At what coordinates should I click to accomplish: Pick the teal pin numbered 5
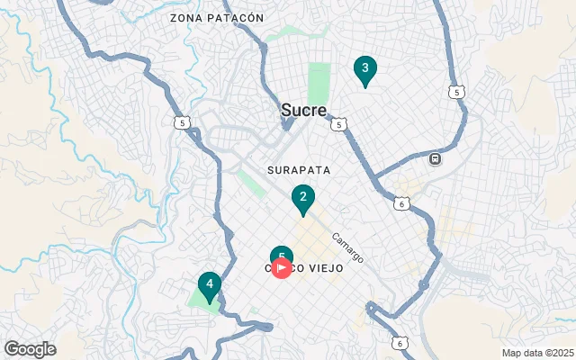point(282,255)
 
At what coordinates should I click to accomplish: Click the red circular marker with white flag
point(282,267)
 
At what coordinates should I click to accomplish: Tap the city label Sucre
point(303,110)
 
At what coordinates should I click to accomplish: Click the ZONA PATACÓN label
point(217,18)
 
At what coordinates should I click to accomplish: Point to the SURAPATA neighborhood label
point(299,169)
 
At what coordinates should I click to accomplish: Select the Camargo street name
point(346,248)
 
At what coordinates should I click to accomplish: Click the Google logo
point(30,349)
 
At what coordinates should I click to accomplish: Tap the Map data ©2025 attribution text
point(536,353)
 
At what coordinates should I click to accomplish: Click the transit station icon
point(436,159)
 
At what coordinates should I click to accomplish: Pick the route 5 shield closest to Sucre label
point(337,124)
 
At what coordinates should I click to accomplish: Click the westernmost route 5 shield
point(184,123)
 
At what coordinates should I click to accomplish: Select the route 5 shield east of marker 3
point(457,92)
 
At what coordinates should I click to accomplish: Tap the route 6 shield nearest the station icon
point(400,204)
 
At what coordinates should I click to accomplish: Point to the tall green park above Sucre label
point(319,84)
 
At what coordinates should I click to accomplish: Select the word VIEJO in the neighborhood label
point(319,268)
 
